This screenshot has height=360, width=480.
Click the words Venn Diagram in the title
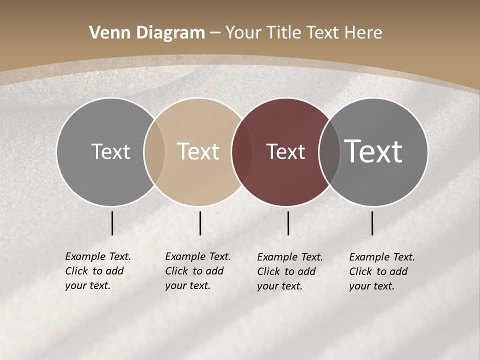point(147,33)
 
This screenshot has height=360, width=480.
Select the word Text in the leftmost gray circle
point(110,152)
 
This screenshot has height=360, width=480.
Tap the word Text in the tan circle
point(198,152)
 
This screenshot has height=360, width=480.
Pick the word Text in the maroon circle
point(285,152)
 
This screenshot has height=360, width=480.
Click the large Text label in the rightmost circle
point(373,151)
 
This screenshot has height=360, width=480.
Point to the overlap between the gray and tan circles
point(154,152)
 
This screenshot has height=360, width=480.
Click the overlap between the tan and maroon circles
point(242,152)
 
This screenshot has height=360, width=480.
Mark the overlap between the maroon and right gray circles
point(329,152)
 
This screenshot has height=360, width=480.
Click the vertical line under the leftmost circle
point(112,223)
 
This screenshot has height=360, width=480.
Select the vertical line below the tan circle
point(200,223)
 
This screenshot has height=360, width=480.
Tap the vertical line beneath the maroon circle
point(288,223)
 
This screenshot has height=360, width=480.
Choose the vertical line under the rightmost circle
point(372,223)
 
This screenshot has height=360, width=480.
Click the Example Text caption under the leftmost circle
point(97,271)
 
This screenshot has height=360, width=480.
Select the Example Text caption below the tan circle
point(197,271)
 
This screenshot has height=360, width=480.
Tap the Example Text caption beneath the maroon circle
point(289,271)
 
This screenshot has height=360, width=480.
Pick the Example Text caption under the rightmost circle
point(381,271)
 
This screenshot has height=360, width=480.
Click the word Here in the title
point(364,33)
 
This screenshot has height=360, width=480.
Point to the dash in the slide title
point(215,33)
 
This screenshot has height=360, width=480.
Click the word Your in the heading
point(243,33)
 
